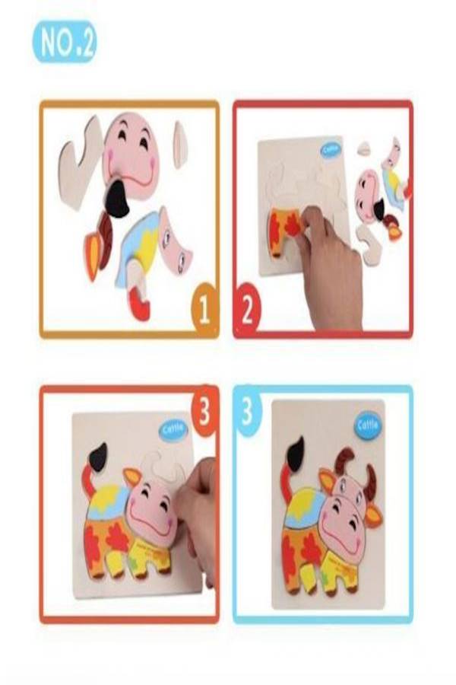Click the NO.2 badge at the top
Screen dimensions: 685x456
pyautogui.click(x=65, y=42)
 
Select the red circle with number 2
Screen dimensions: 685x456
pyautogui.click(x=247, y=309)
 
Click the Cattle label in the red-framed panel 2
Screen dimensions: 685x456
pyautogui.click(x=331, y=150)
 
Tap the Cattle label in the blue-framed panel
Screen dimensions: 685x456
pyautogui.click(x=368, y=425)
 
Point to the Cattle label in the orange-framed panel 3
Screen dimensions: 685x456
pyautogui.click(x=173, y=430)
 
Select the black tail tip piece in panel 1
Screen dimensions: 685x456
pyautogui.click(x=117, y=199)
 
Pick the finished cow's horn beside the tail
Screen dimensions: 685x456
pyautogui.click(x=346, y=460)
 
